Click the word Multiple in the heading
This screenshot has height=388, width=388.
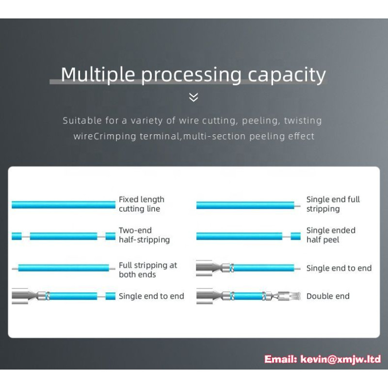tap(98, 75)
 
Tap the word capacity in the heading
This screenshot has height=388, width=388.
tap(287, 75)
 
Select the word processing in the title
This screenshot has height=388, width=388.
tap(191, 75)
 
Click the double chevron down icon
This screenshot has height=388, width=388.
tap(194, 97)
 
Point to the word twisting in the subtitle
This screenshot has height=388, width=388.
tap(303, 120)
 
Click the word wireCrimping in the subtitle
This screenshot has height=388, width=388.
tap(105, 136)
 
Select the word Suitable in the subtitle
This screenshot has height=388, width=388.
tap(82, 120)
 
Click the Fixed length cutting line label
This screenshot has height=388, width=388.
tap(142, 204)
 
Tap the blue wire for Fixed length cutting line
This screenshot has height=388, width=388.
tap(64, 205)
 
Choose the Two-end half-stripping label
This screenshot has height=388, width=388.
tap(144, 235)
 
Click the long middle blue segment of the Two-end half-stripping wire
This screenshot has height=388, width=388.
tap(64, 236)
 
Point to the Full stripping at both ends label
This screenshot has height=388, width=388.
tap(148, 270)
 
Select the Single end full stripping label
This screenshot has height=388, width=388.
tap(333, 204)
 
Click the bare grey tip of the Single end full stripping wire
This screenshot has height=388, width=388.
tap(297, 206)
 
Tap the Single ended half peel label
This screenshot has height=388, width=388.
tap(331, 235)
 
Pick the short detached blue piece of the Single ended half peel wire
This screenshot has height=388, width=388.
tap(296, 236)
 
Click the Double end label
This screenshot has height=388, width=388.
tap(328, 296)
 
